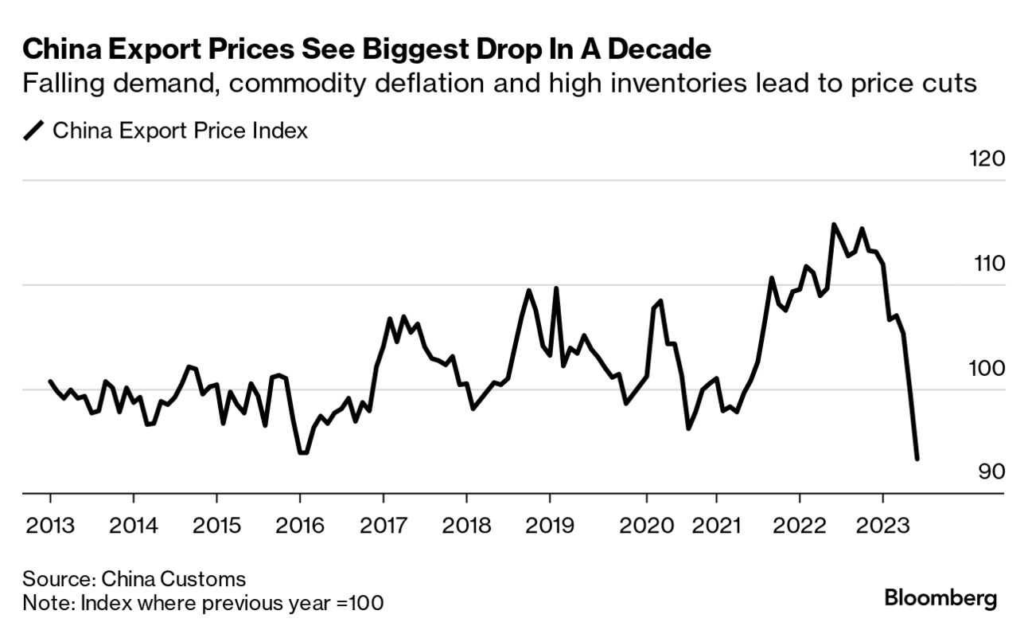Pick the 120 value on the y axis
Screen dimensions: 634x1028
[987, 158]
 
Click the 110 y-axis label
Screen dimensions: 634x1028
[988, 263]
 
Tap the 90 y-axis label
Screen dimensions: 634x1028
[991, 472]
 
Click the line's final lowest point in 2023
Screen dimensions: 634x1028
[917, 459]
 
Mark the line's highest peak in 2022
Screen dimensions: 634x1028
[833, 225]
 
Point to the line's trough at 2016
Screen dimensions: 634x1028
[302, 452]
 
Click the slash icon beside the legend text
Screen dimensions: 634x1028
[35, 131]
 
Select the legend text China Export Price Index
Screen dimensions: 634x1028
[180, 131]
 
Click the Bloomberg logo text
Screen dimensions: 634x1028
[940, 598]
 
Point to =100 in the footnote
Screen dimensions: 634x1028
[364, 603]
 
